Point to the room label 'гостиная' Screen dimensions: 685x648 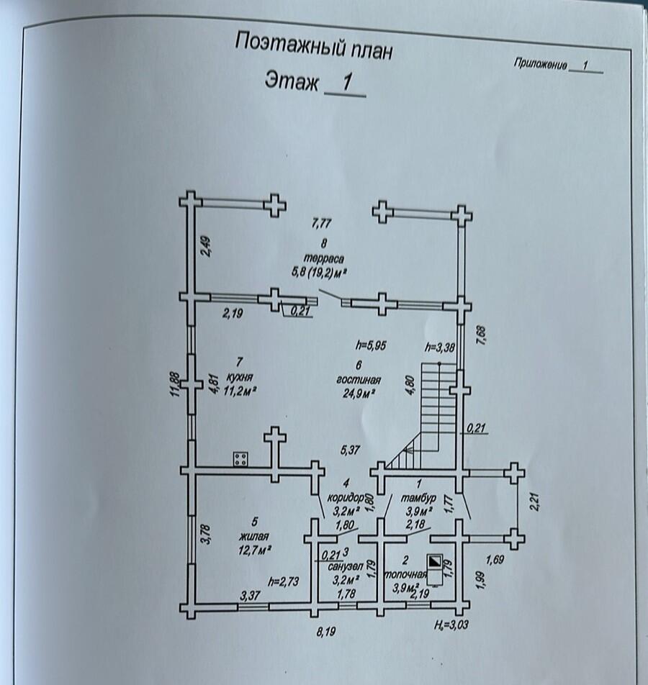click(x=358, y=379)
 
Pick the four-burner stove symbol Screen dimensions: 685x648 click(x=241, y=459)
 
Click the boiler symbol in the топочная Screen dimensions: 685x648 click(x=435, y=563)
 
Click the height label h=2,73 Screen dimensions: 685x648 click(x=284, y=581)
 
